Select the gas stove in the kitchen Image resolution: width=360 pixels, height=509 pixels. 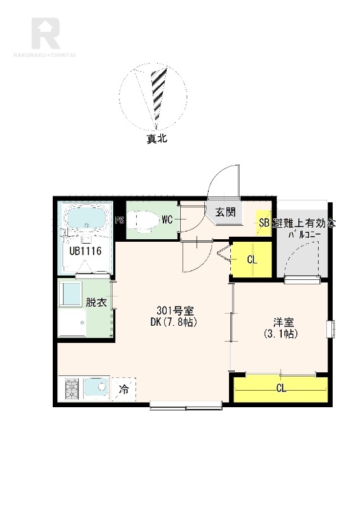pyautogui.click(x=72, y=388)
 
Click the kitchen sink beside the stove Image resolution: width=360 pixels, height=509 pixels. pyautogui.click(x=97, y=387)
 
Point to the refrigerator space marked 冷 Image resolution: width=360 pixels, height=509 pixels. pyautogui.click(x=123, y=389)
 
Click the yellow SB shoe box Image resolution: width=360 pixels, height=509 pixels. pyautogui.click(x=263, y=223)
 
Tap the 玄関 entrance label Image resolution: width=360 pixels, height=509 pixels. pyautogui.click(x=225, y=213)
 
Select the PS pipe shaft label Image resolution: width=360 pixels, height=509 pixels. pyautogui.click(x=120, y=220)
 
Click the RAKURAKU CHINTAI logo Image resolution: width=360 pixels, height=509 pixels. pyautogui.click(x=45, y=38)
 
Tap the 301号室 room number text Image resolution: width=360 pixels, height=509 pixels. pyautogui.click(x=176, y=310)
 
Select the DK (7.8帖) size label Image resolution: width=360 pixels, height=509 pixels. pyautogui.click(x=174, y=322)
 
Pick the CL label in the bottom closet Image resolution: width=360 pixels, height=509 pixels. pyautogui.click(x=281, y=388)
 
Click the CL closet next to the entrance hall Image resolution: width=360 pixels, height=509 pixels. pyautogui.click(x=251, y=260)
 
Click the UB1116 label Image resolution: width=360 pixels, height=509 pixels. pyautogui.click(x=86, y=251)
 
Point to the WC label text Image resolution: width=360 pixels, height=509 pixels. pyautogui.click(x=167, y=220)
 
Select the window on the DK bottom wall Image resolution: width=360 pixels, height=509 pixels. pyautogui.click(x=186, y=405)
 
